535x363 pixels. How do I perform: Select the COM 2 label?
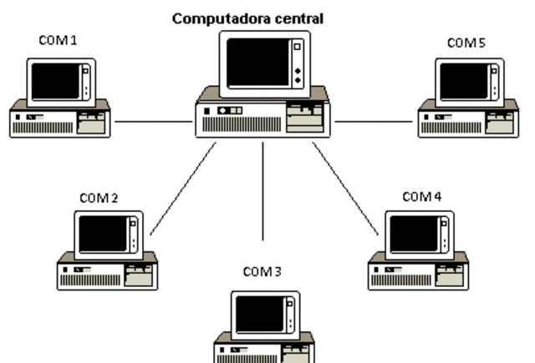pyautogui.click(x=99, y=198)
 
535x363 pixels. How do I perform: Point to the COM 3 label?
pyautogui.click(x=262, y=271)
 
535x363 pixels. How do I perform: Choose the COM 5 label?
pyautogui.click(x=466, y=42)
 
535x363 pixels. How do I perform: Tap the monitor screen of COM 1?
pyautogui.click(x=55, y=81)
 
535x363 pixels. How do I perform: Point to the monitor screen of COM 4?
pyautogui.click(x=414, y=234)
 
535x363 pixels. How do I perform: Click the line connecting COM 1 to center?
pyautogui.click(x=153, y=121)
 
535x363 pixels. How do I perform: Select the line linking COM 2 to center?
pyautogui.click(x=183, y=188)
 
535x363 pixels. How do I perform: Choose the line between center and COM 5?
pyautogui.click(x=374, y=121)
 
